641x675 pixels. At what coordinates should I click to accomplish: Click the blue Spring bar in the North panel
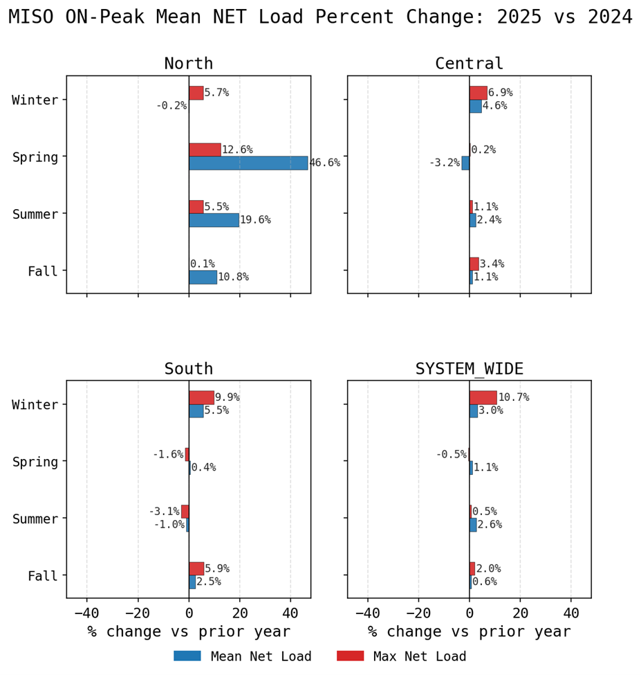(248, 163)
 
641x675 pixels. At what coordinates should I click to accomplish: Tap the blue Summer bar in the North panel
(214, 220)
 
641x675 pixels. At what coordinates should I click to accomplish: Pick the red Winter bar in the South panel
(201, 397)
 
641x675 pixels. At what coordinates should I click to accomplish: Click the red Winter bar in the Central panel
(478, 93)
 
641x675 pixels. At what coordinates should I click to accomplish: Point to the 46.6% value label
(324, 163)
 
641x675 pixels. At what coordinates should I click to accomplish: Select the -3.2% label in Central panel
(445, 163)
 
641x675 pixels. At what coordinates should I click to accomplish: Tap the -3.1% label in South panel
(164, 512)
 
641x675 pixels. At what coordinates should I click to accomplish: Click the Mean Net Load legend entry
(261, 656)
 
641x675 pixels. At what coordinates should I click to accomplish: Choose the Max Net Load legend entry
(420, 656)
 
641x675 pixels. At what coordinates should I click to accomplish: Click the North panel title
(189, 64)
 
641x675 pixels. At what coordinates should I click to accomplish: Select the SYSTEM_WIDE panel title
(470, 369)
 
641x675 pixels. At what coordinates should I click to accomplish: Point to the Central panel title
(470, 64)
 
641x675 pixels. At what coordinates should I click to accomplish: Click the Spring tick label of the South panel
(35, 462)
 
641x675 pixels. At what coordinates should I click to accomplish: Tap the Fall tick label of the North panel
(42, 271)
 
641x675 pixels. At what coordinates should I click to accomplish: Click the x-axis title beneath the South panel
(189, 632)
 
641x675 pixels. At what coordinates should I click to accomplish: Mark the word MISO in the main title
(32, 17)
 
